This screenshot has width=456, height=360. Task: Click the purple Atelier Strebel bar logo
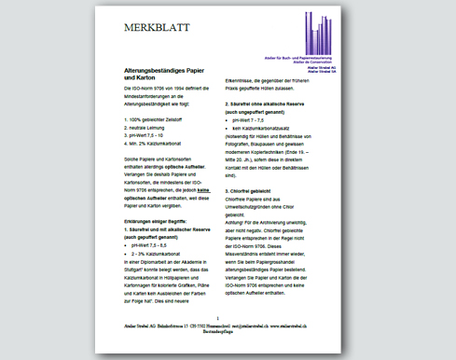[326, 36]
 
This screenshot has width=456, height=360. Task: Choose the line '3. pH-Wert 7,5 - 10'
[144, 136]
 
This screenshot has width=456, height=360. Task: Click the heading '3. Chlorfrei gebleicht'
[254, 189]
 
